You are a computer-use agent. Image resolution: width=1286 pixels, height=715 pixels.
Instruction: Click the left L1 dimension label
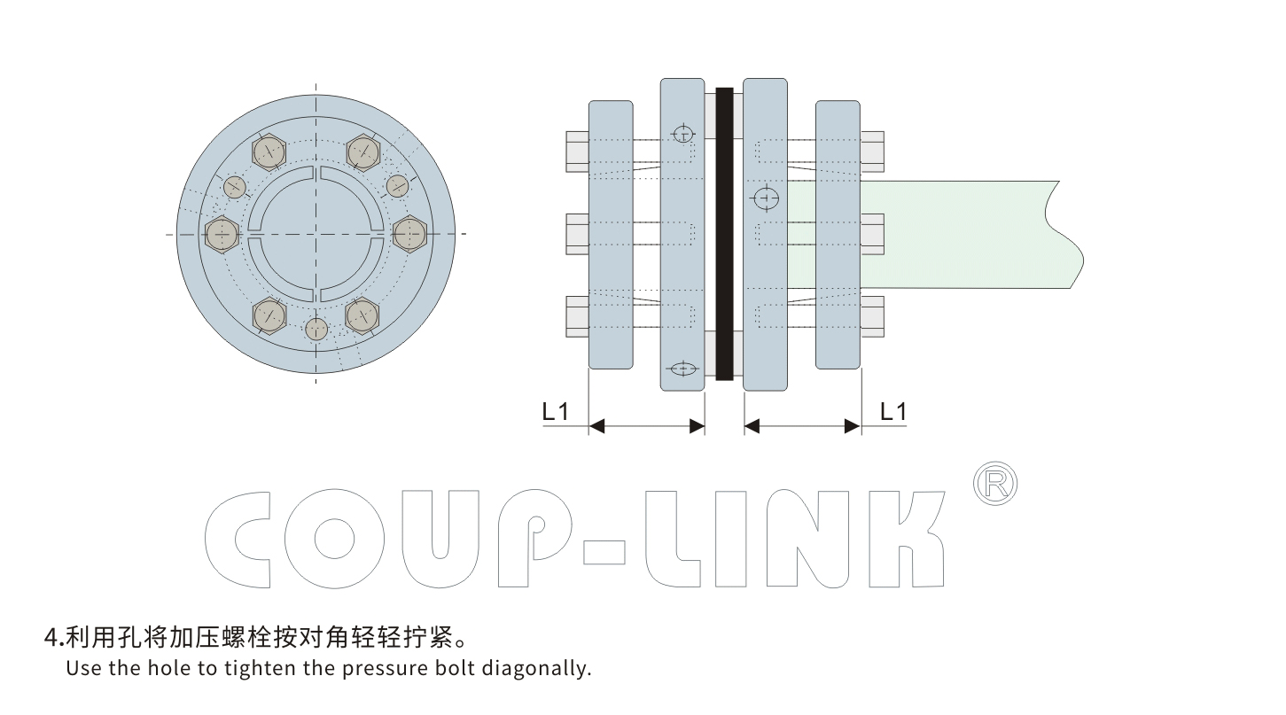(x=555, y=411)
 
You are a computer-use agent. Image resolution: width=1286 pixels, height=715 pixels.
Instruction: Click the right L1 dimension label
(x=892, y=411)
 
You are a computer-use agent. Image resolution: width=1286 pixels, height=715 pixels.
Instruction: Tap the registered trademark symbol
(x=995, y=483)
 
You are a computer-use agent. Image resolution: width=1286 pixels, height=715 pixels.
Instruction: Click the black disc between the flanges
(x=724, y=234)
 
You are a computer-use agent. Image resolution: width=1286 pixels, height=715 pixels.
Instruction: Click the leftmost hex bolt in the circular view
(x=221, y=234)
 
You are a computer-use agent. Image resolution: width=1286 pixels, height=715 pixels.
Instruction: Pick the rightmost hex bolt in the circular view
(x=410, y=234)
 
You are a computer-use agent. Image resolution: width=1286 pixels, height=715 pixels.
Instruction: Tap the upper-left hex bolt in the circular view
(x=269, y=152)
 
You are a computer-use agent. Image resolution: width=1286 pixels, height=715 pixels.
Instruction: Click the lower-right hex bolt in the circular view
(x=362, y=315)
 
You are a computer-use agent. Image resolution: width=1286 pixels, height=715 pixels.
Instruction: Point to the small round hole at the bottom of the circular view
(x=316, y=329)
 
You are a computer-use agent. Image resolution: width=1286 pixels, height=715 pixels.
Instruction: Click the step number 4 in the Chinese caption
(x=51, y=637)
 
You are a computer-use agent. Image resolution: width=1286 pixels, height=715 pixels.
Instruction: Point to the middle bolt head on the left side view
(x=577, y=234)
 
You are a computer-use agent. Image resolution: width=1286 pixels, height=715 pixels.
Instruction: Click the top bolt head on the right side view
(x=872, y=152)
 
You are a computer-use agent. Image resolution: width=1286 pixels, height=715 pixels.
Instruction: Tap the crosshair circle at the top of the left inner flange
(x=682, y=134)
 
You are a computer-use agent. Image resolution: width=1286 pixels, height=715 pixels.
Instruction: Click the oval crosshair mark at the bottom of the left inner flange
(x=682, y=369)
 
